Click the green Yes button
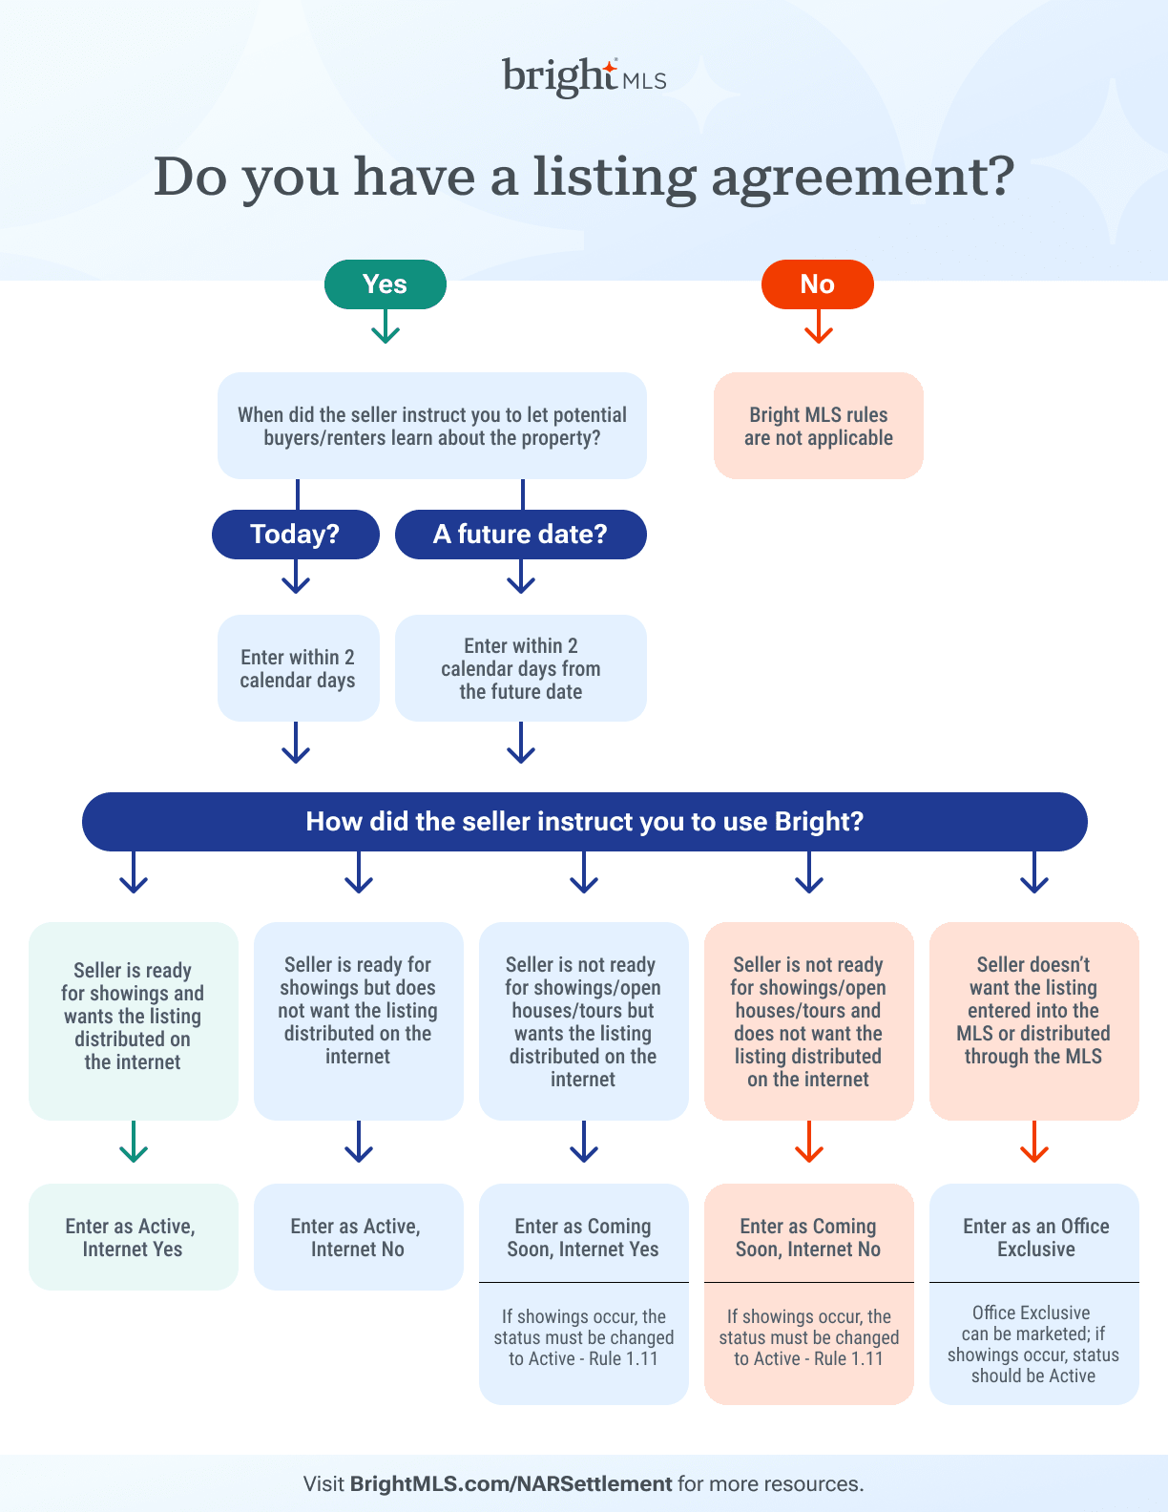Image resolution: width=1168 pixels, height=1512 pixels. coord(385,284)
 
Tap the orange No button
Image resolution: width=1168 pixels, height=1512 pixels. coord(817,284)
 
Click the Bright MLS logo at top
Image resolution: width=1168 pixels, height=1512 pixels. coord(584,76)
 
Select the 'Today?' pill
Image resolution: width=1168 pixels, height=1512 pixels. coord(295,535)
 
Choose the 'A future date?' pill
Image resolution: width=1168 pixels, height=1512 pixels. coord(520,535)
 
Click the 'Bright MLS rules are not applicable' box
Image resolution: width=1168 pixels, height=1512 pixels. coord(818,426)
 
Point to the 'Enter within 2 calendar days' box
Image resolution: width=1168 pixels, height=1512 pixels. coord(298,668)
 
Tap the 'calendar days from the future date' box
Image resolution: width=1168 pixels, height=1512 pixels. coord(520,668)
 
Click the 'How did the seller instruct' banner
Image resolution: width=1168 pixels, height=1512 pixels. coord(584,822)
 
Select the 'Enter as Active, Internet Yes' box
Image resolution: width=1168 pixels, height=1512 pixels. coord(133,1237)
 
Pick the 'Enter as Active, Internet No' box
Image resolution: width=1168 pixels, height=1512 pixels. coord(358,1237)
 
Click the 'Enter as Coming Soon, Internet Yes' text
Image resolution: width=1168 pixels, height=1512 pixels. coord(583,1237)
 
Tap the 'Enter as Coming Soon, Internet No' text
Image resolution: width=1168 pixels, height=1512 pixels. coord(808,1237)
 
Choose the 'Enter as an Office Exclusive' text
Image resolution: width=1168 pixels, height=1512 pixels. coord(1035,1237)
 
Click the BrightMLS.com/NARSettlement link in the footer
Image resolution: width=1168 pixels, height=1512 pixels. coord(511,1484)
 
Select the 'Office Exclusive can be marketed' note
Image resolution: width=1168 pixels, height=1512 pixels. coord(1033,1344)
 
